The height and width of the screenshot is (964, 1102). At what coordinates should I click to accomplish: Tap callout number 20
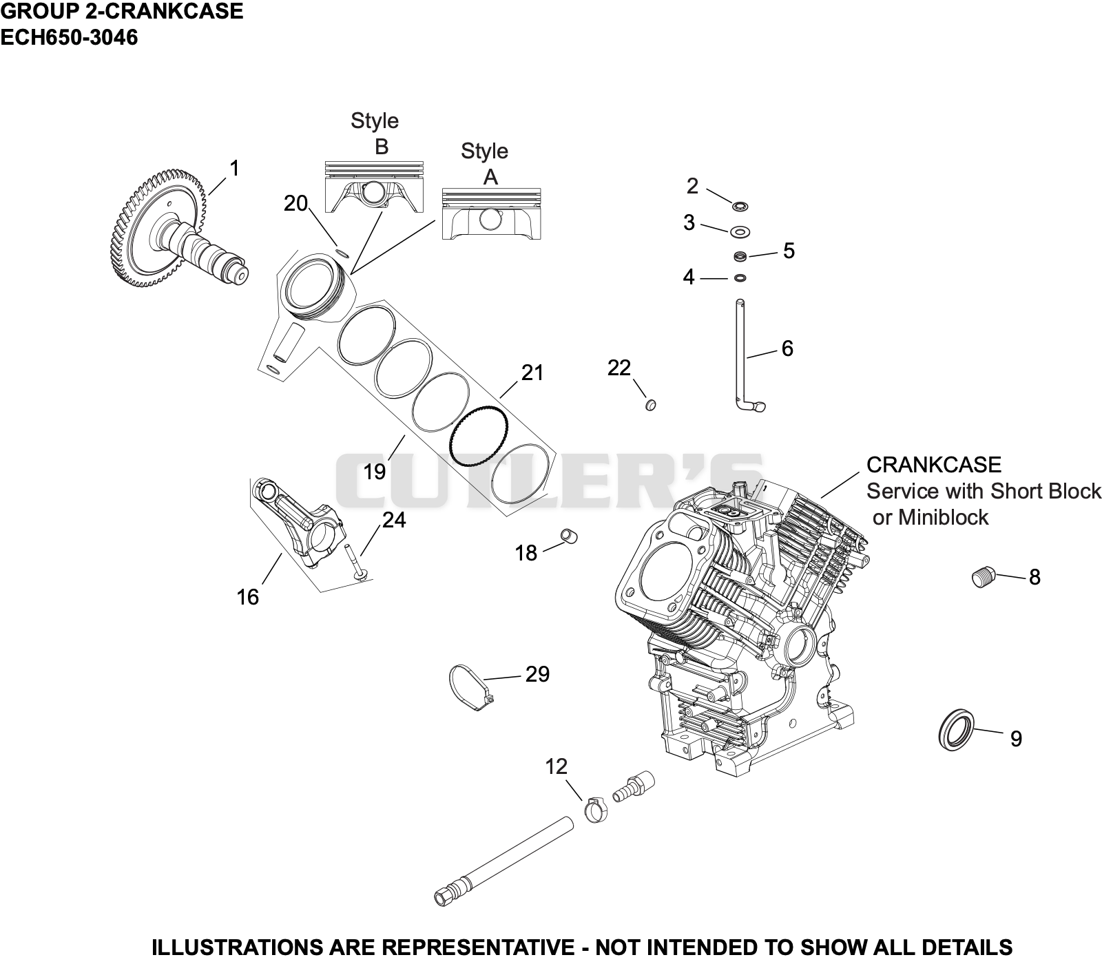pyautogui.click(x=295, y=204)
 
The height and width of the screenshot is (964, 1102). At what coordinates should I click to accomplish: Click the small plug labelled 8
pyautogui.click(x=984, y=576)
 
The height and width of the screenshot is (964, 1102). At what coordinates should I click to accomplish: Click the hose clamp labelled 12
pyautogui.click(x=596, y=808)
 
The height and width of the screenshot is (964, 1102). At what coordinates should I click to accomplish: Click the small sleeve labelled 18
pyautogui.click(x=570, y=536)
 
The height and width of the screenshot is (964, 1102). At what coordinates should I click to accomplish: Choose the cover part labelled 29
pyautogui.click(x=472, y=687)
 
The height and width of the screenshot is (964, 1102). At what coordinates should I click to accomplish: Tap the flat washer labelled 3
pyautogui.click(x=740, y=231)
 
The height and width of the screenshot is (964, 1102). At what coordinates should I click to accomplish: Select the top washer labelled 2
pyautogui.click(x=741, y=206)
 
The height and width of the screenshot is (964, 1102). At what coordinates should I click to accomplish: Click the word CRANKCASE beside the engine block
pyautogui.click(x=933, y=465)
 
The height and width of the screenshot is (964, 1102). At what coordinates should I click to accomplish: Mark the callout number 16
pyautogui.click(x=248, y=597)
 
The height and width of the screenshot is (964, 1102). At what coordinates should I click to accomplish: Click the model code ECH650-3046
pyautogui.click(x=69, y=37)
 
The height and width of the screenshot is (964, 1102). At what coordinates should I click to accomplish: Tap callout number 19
pyautogui.click(x=375, y=472)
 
